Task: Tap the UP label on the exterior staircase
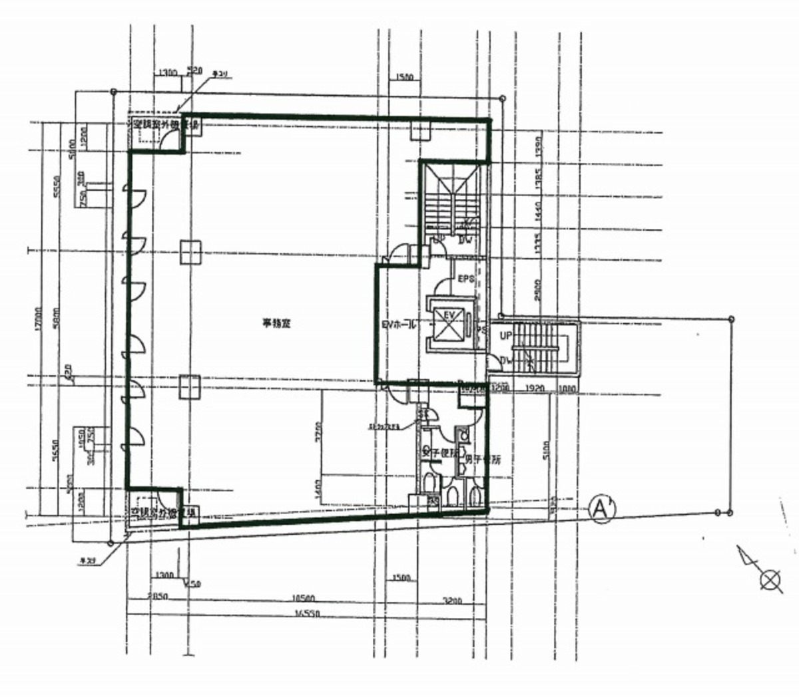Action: pos(506,337)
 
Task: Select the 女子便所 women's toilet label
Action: pos(438,453)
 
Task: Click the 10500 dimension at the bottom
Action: pos(304,598)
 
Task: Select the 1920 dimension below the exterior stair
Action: pos(535,386)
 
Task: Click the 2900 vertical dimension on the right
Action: pos(538,288)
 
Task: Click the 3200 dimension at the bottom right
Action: pos(452,601)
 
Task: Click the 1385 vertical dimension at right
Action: pos(539,179)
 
